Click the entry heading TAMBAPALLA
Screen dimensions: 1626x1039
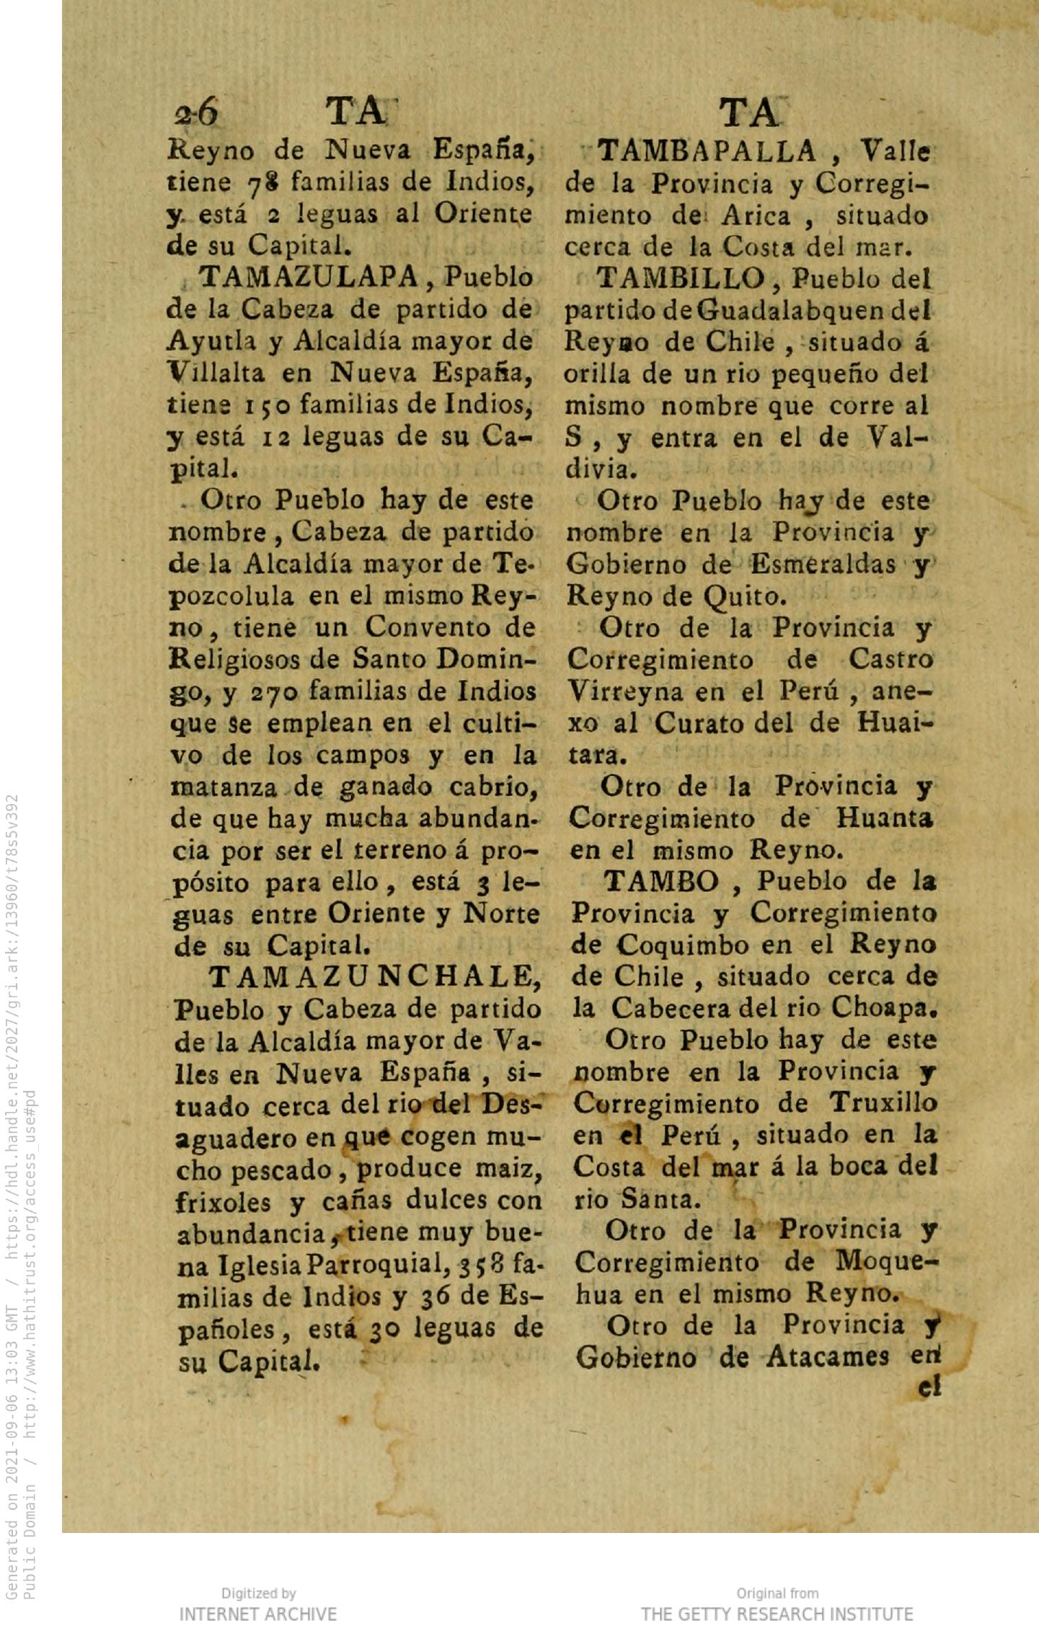(x=707, y=152)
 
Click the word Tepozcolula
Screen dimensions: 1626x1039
(x=239, y=596)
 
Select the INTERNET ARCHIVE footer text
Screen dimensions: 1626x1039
(x=257, y=1614)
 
